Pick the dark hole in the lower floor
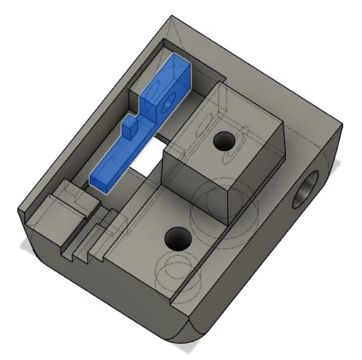tap(177, 237)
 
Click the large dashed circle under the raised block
tap(219, 202)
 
